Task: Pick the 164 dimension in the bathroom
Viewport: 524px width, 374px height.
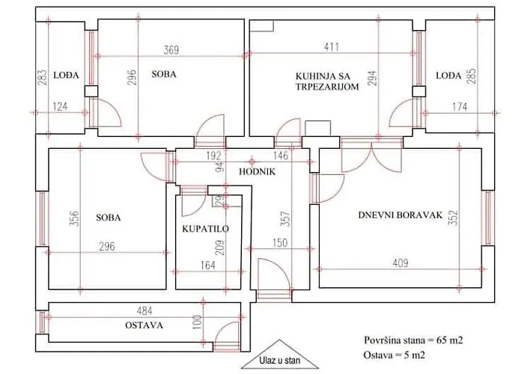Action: pos(207,265)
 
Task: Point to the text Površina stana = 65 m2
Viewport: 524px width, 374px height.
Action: pos(413,340)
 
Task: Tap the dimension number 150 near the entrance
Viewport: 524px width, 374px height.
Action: pos(280,243)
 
